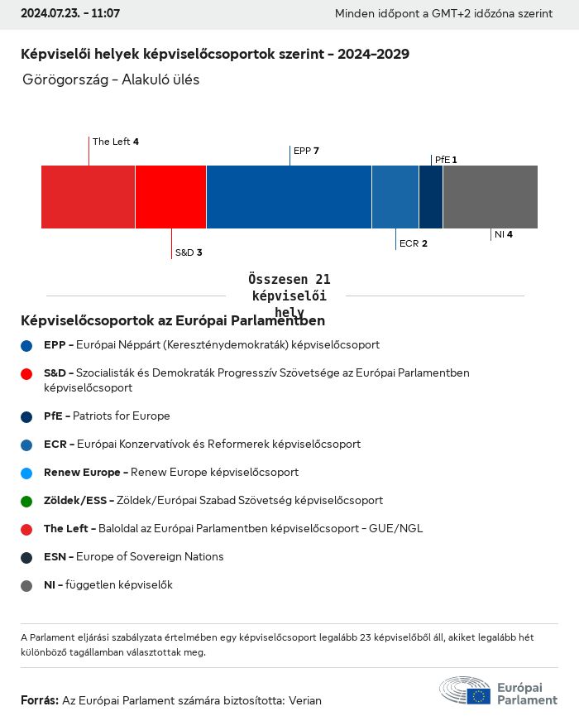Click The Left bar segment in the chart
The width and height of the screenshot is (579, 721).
coord(88,197)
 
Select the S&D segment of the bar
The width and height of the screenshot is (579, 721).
coord(170,197)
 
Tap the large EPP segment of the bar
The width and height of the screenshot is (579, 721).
coord(289,197)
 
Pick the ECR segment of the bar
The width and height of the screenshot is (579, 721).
coord(395,197)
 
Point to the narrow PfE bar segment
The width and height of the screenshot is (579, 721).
coord(431,197)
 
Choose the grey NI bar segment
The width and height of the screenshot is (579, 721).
coord(490,197)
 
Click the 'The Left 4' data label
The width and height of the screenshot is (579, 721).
coord(116,142)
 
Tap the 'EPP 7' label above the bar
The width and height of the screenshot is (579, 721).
coord(306,151)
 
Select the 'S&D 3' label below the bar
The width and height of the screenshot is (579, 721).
coord(189,252)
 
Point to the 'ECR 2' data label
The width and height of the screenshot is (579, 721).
coord(413,243)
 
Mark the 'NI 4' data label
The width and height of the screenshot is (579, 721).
coord(503,234)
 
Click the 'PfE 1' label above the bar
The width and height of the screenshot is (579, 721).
coord(446,160)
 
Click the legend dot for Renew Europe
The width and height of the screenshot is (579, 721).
coord(26,473)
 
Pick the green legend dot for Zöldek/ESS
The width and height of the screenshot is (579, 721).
coord(26,501)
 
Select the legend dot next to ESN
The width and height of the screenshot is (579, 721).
coord(26,557)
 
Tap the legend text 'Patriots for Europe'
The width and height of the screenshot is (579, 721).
coord(121,416)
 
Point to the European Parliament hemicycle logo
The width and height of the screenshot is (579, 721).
coord(465,690)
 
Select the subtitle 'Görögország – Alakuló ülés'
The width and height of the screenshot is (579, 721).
coord(112,80)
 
